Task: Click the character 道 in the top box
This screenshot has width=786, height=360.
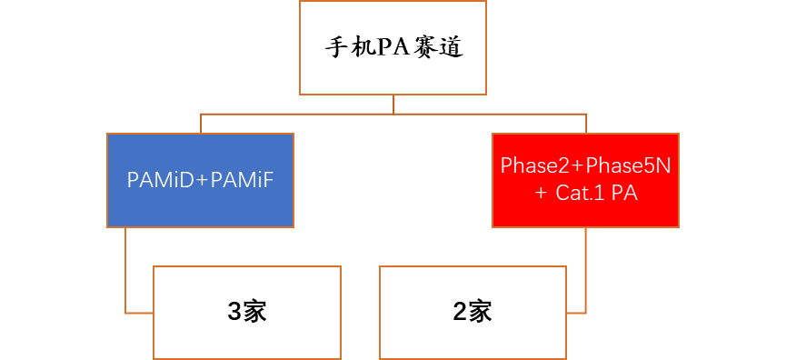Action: (x=451, y=47)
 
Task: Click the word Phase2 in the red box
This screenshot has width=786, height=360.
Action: (x=531, y=167)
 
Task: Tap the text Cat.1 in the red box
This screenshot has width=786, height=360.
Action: (x=581, y=194)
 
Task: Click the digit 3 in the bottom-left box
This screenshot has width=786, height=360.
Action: (x=234, y=312)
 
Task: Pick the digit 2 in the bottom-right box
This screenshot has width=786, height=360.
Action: (x=459, y=312)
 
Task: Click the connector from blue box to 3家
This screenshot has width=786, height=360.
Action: (x=126, y=273)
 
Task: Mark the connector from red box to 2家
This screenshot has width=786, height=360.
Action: (x=585, y=273)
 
